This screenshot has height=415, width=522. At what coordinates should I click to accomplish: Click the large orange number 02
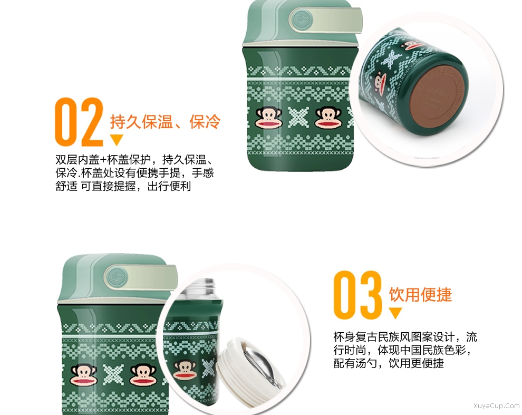point(79,122)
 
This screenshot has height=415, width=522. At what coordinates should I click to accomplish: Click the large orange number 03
point(357,294)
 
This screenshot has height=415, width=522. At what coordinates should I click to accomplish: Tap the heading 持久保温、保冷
point(166,122)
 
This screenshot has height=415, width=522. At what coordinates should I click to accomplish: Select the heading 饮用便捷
point(420,294)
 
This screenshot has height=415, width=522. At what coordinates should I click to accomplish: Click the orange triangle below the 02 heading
point(117,140)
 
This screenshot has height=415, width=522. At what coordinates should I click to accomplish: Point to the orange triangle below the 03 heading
point(395,313)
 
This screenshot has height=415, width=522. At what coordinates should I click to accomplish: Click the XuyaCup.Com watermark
point(496,406)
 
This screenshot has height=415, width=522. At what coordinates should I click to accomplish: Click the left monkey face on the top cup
point(269,118)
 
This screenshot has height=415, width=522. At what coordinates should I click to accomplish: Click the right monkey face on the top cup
point(328,118)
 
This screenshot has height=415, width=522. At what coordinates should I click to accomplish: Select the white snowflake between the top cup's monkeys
point(298,118)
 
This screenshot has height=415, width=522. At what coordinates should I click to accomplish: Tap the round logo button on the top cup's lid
point(302,20)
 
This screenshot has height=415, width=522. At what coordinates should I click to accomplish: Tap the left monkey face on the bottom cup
point(84,375)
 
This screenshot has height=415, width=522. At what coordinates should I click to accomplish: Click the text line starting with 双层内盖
point(135,160)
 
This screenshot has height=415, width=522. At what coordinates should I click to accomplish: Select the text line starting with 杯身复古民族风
point(405,337)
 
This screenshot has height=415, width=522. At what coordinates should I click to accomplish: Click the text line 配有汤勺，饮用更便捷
point(389,363)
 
